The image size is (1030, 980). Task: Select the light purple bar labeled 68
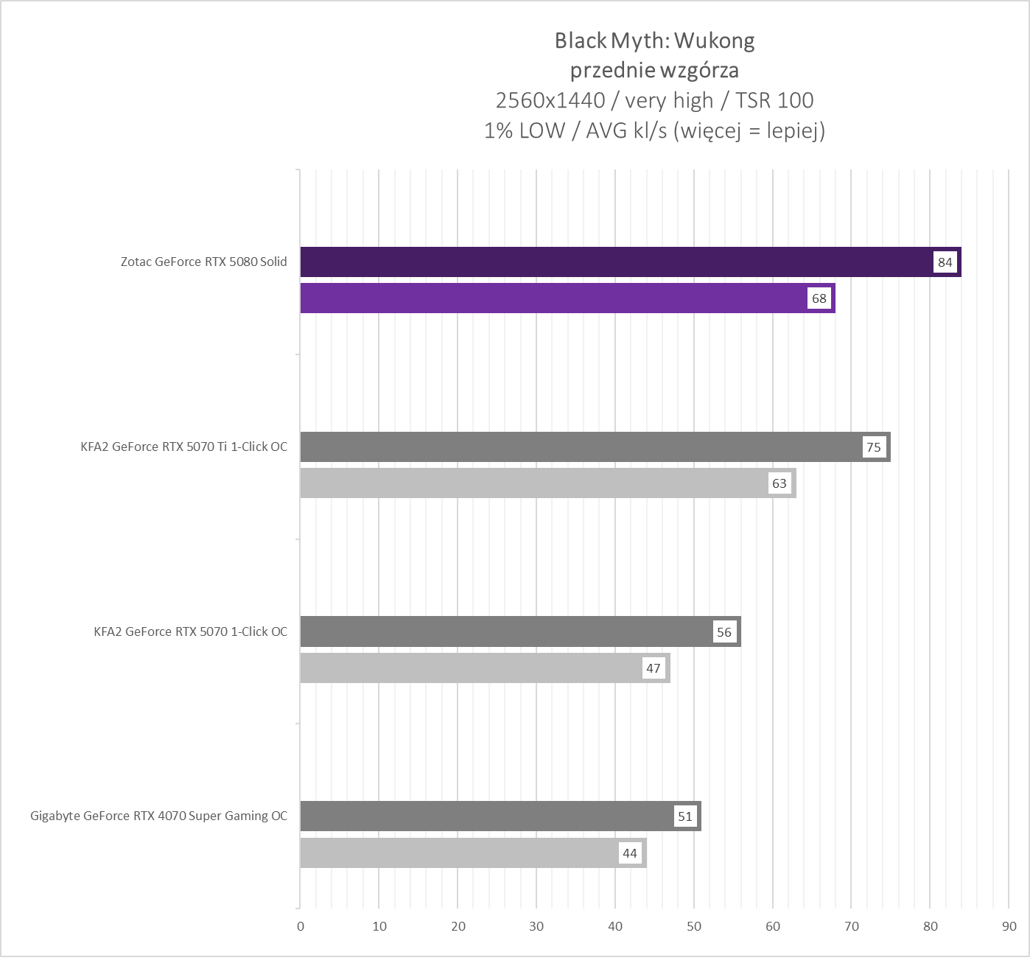click(x=553, y=298)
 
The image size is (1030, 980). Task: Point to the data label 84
click(x=945, y=262)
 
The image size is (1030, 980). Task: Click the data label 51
click(x=685, y=816)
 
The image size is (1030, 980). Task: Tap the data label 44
click(x=630, y=853)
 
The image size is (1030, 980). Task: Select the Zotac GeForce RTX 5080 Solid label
click(x=204, y=262)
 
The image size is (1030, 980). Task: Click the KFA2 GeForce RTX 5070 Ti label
click(x=184, y=447)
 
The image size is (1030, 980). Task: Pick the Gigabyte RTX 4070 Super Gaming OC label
click(x=159, y=816)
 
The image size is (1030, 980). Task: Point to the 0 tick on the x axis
click(x=301, y=926)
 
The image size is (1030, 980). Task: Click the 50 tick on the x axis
click(x=694, y=926)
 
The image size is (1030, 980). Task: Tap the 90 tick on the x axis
click(x=1009, y=926)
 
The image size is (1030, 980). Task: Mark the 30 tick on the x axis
click(x=536, y=926)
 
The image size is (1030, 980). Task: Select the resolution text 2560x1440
click(x=550, y=100)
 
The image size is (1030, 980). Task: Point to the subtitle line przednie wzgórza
click(x=654, y=71)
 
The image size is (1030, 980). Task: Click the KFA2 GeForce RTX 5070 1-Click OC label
click(x=191, y=631)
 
